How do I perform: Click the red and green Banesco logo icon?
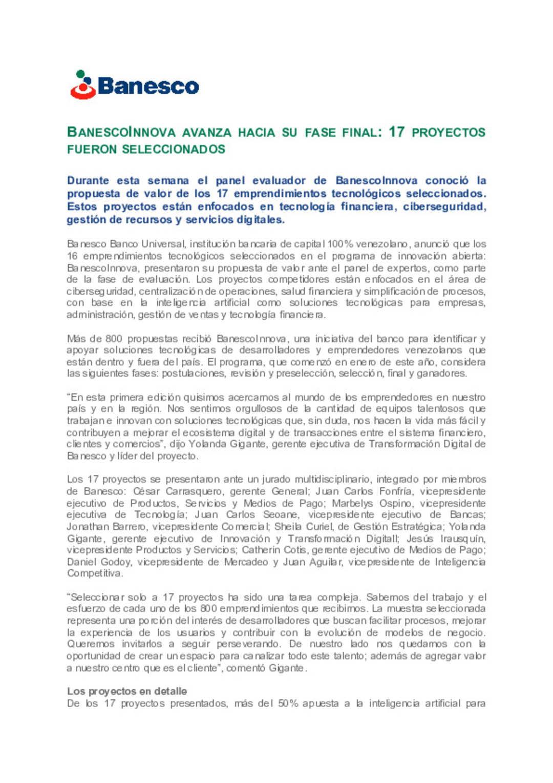tap(83, 85)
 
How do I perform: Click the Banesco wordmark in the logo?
tap(148, 86)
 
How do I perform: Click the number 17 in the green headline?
tap(397, 132)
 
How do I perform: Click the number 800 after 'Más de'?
tap(114, 339)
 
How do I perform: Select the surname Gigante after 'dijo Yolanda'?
tap(248, 444)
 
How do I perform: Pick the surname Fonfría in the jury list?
tap(395, 491)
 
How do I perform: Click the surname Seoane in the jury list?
tap(281, 514)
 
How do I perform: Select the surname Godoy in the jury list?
tap(117, 562)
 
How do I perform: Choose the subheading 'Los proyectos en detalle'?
tap(127, 691)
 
